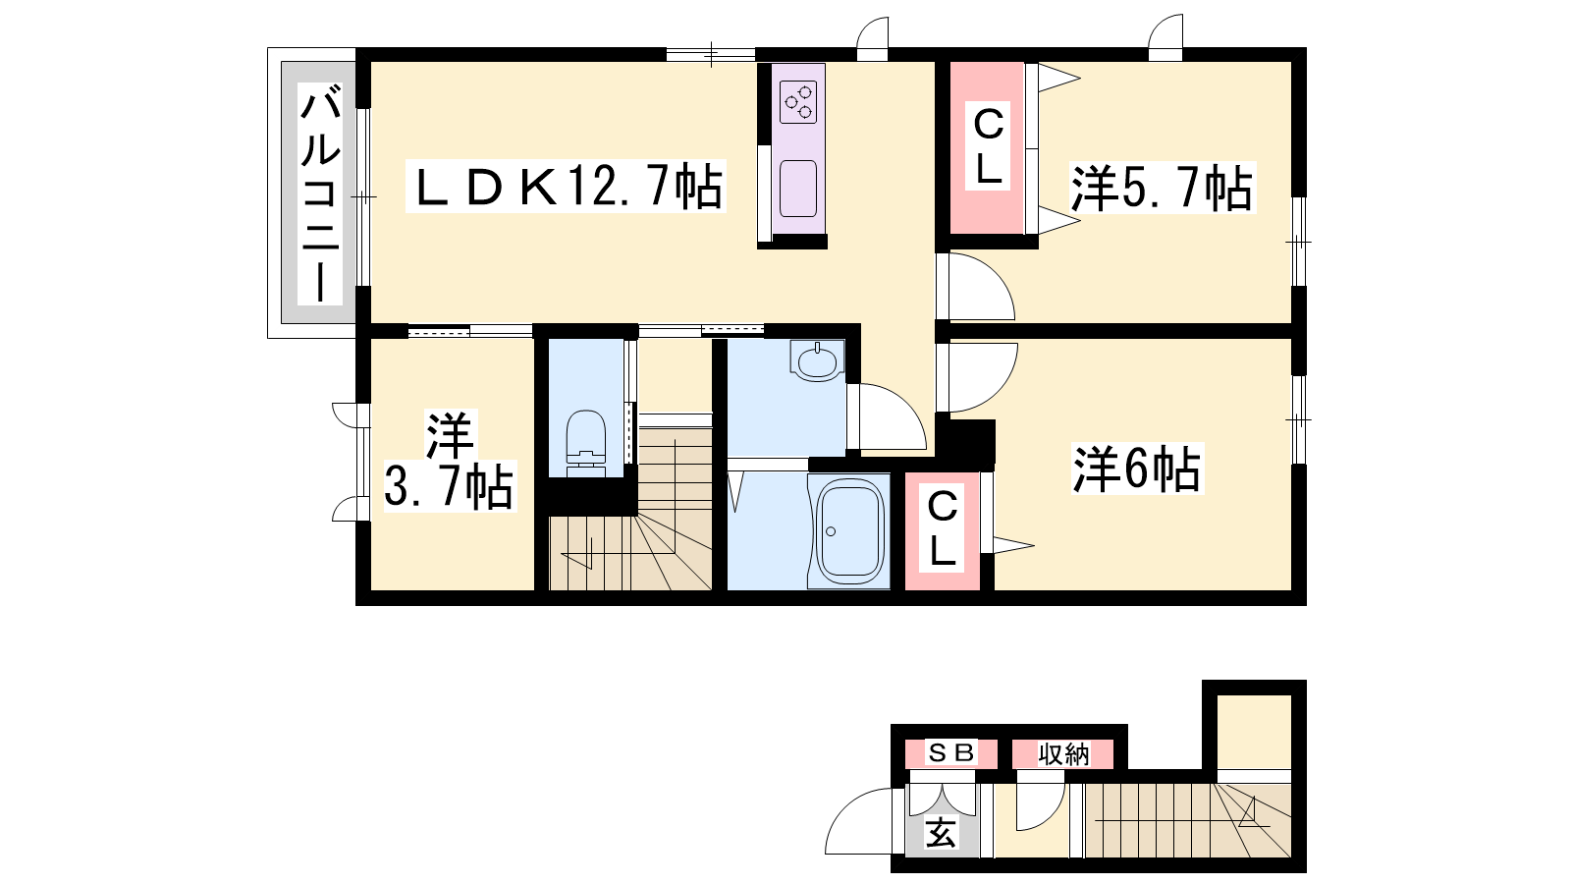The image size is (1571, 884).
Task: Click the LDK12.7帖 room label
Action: coord(567,187)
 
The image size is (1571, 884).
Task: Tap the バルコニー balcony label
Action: coord(320,193)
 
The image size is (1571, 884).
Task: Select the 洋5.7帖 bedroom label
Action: coord(1161,188)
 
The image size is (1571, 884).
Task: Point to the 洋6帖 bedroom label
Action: coord(1136,469)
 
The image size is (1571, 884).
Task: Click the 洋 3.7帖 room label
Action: coord(449,461)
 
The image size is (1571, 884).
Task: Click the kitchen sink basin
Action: coord(798,188)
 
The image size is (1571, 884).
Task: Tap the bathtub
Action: coord(850,531)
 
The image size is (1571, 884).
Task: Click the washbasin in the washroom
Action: coord(817,361)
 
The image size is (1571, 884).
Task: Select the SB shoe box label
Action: coord(950,752)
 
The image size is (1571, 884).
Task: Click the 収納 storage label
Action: coord(1063,754)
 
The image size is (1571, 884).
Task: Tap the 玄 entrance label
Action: coord(941,833)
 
